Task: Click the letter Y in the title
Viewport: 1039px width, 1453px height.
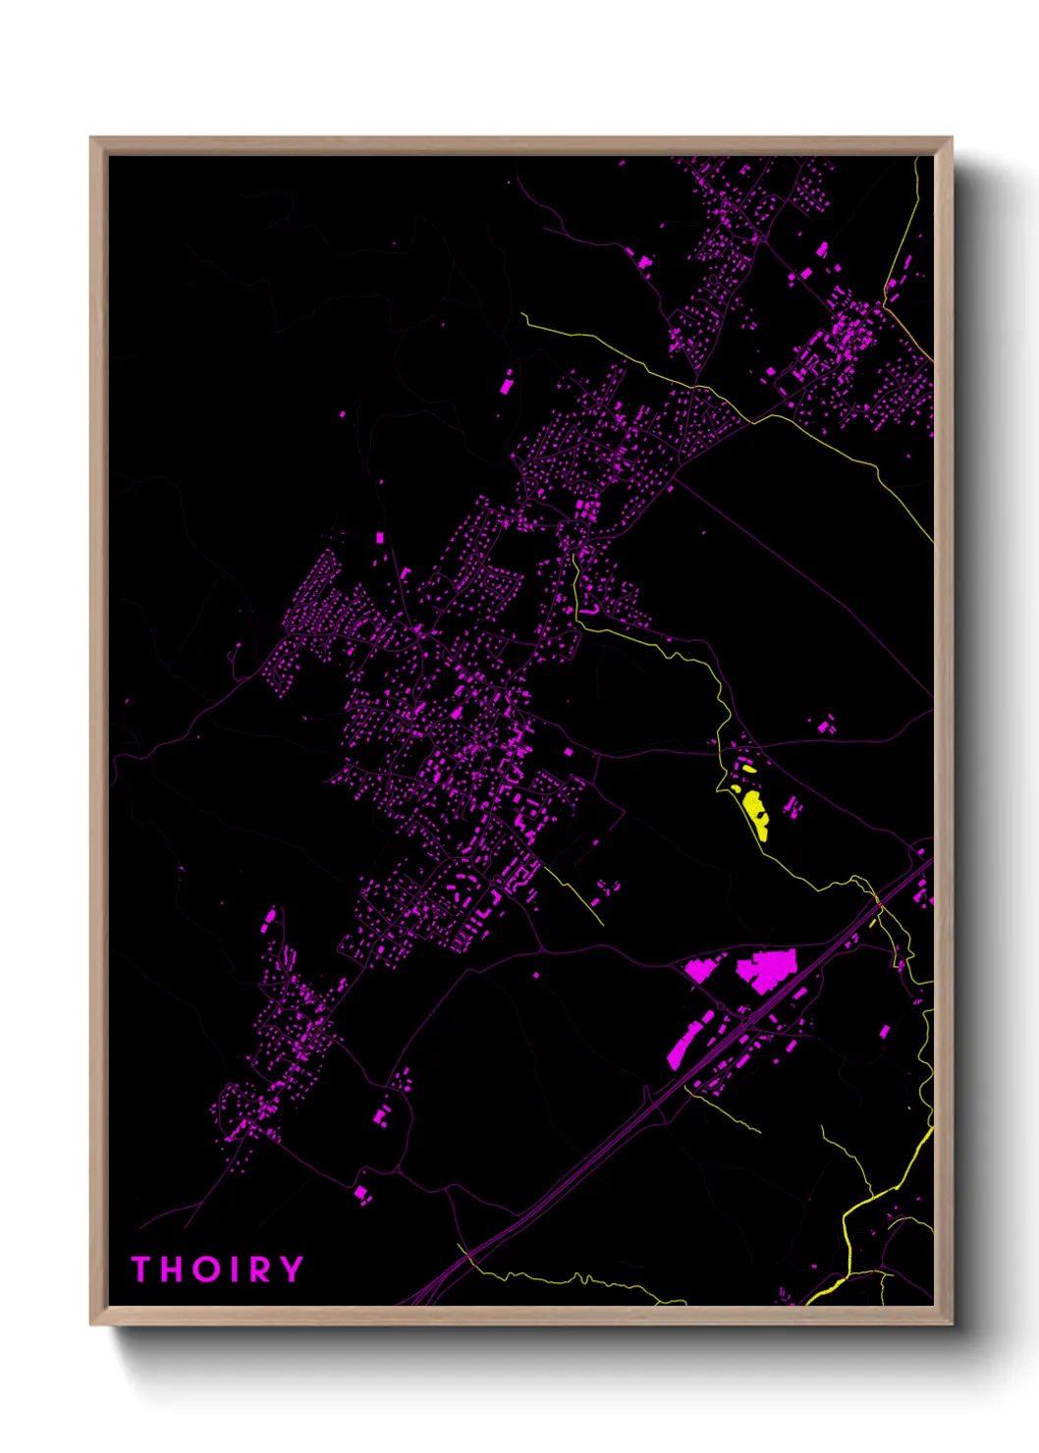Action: (290, 1268)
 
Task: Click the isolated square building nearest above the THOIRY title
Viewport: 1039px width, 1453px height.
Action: (360, 1192)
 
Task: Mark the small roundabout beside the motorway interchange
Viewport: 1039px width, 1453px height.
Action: (875, 922)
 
